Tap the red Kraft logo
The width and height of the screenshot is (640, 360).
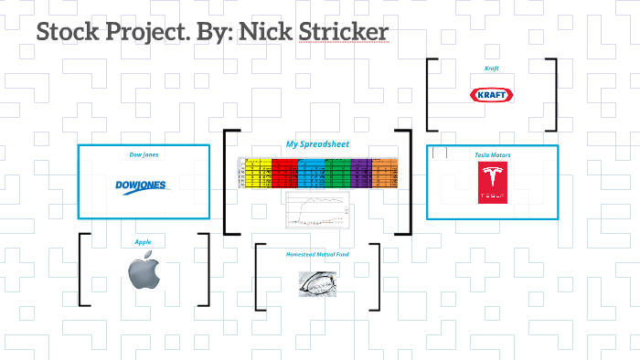point(490,95)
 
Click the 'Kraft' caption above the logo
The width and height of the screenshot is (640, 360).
point(491,69)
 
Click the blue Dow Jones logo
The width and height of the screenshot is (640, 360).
point(143,186)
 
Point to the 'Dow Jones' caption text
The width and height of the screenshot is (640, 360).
point(143,154)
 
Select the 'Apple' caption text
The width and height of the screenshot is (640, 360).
point(143,242)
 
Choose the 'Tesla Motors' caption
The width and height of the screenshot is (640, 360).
point(492,155)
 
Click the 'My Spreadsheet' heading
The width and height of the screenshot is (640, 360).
point(316,144)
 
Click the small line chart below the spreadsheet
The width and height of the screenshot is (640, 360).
point(317,209)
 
